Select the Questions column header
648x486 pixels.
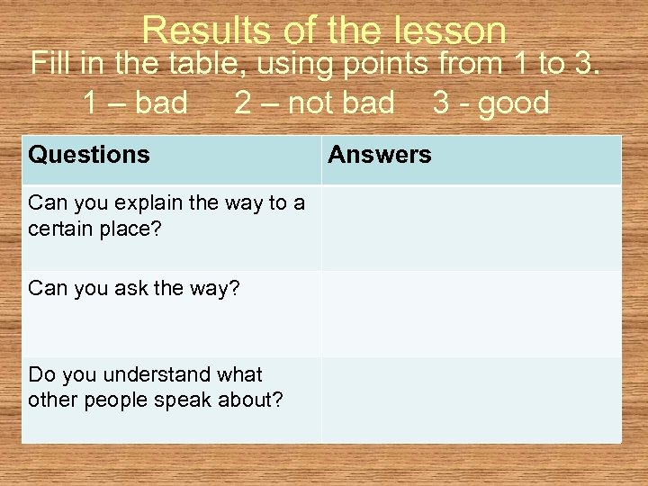89,155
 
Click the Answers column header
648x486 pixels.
379,155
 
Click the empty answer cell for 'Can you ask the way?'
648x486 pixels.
471,313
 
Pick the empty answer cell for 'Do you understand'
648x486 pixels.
471,400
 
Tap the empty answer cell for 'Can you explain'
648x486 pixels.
471,228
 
